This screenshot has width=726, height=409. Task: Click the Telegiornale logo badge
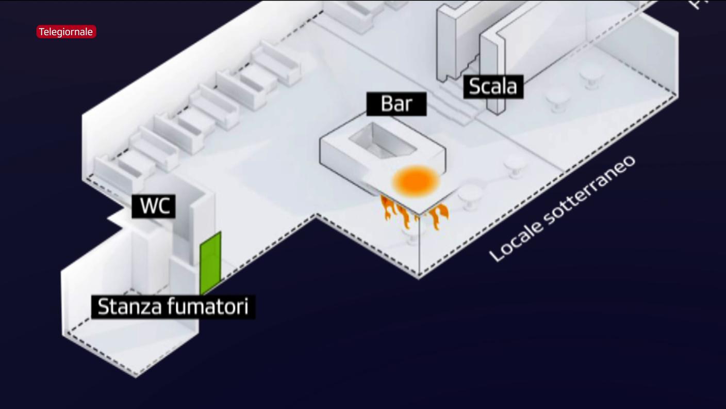click(66, 32)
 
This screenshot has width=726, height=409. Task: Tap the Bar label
click(397, 104)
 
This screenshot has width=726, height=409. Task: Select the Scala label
click(493, 86)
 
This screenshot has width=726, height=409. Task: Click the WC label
click(154, 206)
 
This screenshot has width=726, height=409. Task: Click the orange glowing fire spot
click(416, 181)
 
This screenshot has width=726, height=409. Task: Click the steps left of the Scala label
click(456, 106)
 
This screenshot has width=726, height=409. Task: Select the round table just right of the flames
click(470, 195)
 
